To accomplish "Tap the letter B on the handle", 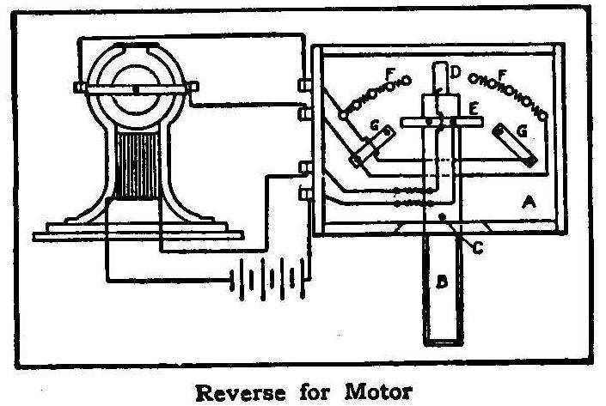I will (439, 280).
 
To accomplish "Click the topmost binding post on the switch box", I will (303, 87).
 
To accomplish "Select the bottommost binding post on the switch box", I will (303, 193).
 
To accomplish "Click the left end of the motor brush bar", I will (80, 88).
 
